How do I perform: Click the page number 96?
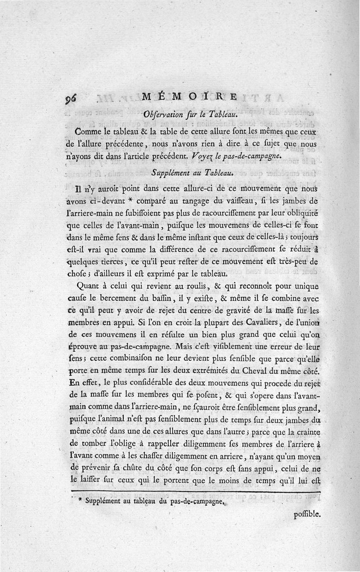pyautogui.click(x=72, y=98)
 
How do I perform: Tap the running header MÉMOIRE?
pyautogui.click(x=189, y=97)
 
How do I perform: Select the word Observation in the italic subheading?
pyautogui.click(x=164, y=114)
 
